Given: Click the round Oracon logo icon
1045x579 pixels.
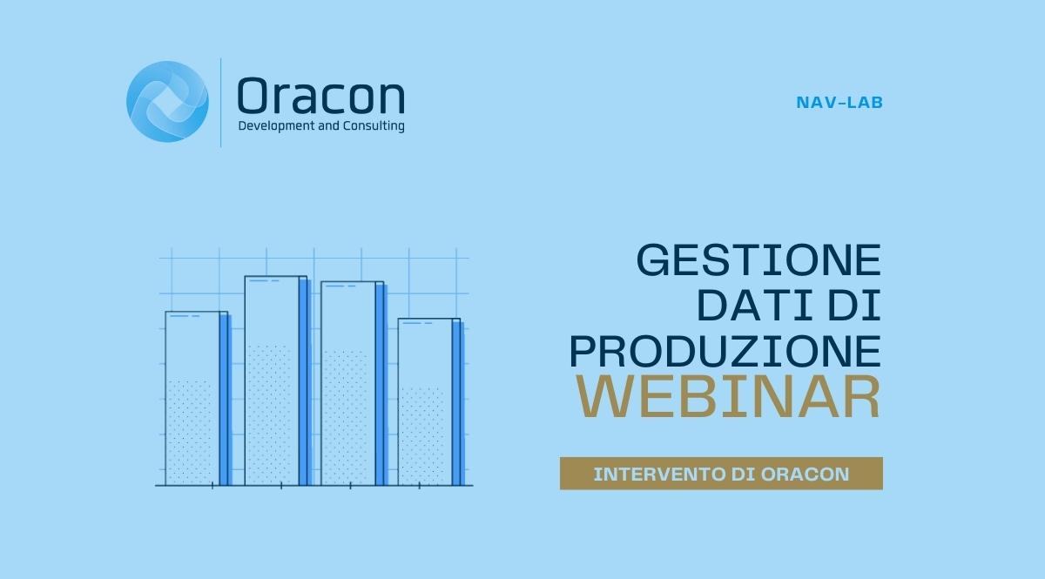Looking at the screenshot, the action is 167,102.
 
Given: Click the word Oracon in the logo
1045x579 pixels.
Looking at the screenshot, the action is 321,96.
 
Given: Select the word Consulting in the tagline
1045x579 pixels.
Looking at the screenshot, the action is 374,126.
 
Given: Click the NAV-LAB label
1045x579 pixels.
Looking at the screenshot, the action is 839,103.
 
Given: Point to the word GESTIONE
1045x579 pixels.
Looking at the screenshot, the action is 759,259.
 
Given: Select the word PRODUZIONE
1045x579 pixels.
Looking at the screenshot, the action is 725,351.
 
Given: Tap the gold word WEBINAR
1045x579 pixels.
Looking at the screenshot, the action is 728,396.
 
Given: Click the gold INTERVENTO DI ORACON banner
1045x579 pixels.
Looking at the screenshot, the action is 721,474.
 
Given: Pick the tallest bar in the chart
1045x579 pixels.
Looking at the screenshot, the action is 276,380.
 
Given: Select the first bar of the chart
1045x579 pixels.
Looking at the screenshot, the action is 197,399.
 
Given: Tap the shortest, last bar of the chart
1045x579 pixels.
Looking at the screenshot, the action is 429,402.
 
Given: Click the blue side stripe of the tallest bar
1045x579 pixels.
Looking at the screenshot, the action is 305,382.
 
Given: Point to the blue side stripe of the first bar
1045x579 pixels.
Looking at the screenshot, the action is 226,401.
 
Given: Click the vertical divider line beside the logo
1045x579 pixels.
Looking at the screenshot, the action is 220,103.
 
